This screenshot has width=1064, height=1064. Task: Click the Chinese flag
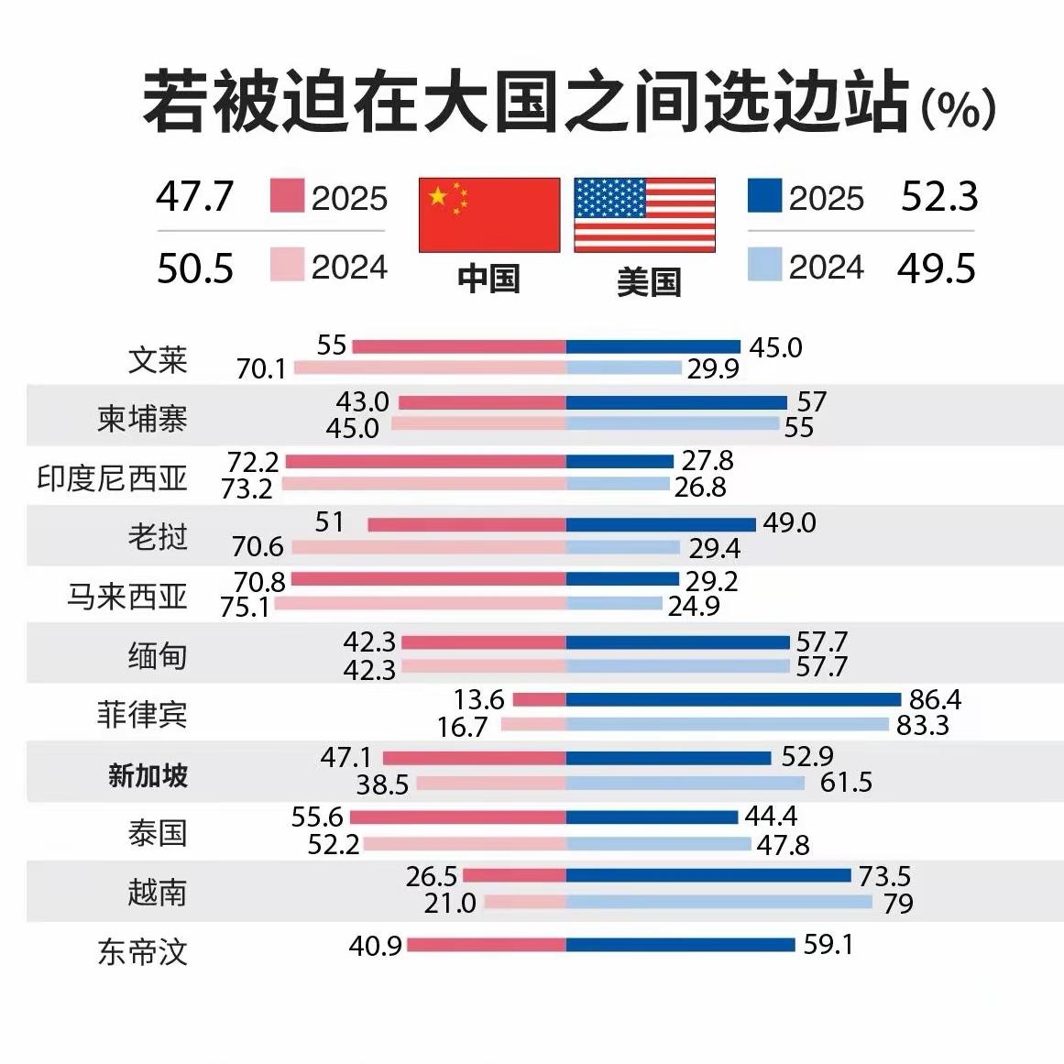tap(489, 214)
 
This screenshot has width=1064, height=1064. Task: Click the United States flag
tap(644, 214)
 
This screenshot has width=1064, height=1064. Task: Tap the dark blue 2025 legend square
tap(764, 196)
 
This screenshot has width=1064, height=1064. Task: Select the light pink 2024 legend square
tap(287, 266)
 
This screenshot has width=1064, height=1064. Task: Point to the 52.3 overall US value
tap(939, 197)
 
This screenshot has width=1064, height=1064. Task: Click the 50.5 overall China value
tap(195, 269)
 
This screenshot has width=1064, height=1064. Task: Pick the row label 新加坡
tap(148, 775)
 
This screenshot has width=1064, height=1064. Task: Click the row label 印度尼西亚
tap(112, 477)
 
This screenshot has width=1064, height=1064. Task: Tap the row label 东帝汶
tap(142, 951)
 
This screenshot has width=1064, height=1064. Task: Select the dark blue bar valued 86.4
tap(733, 700)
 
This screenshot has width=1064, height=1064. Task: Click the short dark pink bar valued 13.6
tap(539, 700)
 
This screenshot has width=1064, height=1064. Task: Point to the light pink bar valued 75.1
tap(420, 604)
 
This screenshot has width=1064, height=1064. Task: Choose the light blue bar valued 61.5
tap(686, 783)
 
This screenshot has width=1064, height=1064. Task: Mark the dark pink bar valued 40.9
tap(486, 945)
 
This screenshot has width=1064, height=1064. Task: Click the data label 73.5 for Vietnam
tap(884, 876)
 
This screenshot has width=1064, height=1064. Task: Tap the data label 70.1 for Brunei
tap(261, 369)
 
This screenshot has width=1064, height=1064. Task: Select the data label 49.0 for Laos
tap(789, 522)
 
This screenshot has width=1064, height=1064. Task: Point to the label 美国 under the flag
tap(648, 281)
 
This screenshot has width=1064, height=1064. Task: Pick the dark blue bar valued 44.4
tap(652, 817)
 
